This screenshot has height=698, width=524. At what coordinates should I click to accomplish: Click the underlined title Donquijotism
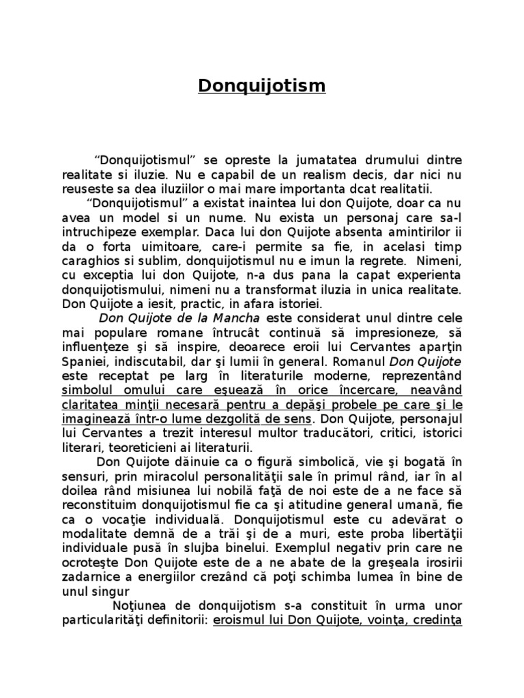click(262, 87)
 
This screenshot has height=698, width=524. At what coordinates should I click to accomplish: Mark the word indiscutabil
click(147, 361)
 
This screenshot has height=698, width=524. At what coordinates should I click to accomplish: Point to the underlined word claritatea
click(93, 404)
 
